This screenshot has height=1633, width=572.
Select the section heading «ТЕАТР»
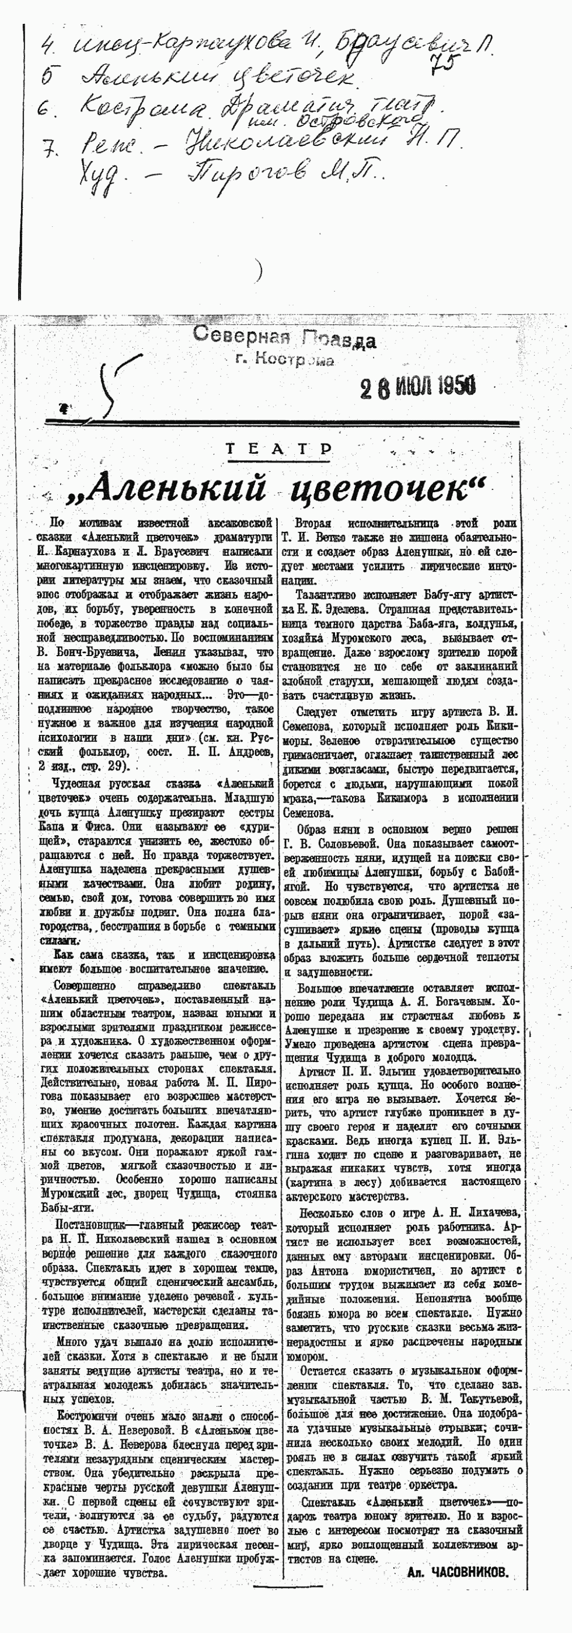coord(279,450)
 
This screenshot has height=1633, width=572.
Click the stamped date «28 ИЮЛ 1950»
coord(418,386)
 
